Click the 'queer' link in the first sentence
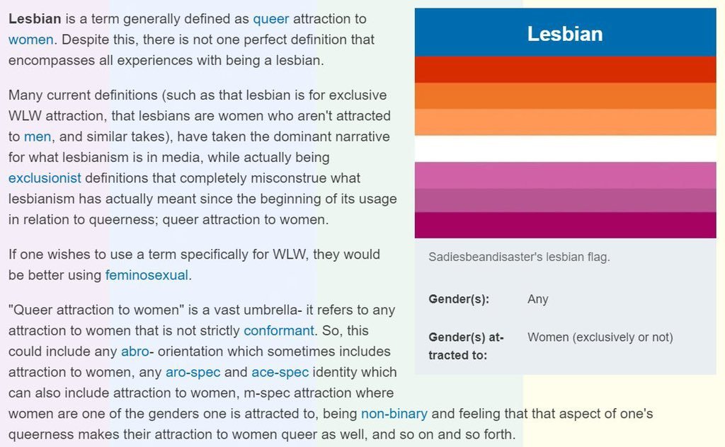[x=271, y=19]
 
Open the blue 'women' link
[x=31, y=40]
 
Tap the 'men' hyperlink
[x=38, y=137]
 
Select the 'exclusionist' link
[x=45, y=178]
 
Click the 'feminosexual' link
[x=147, y=275]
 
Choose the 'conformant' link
[x=279, y=330]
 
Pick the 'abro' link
[x=135, y=352]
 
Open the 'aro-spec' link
[x=193, y=372]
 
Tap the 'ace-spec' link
[x=280, y=372]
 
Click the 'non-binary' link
[x=394, y=414]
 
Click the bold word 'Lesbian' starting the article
[x=35, y=19]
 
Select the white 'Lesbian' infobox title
[x=565, y=34]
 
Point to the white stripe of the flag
[x=566, y=149]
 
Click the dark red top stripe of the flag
[x=566, y=70]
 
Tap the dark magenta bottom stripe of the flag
[x=566, y=226]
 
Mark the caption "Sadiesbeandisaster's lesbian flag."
[x=519, y=257]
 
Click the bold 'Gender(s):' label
[x=459, y=299]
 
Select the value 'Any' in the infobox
[x=538, y=299]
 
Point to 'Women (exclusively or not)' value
[x=600, y=337]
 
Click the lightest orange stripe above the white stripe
[x=566, y=122]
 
